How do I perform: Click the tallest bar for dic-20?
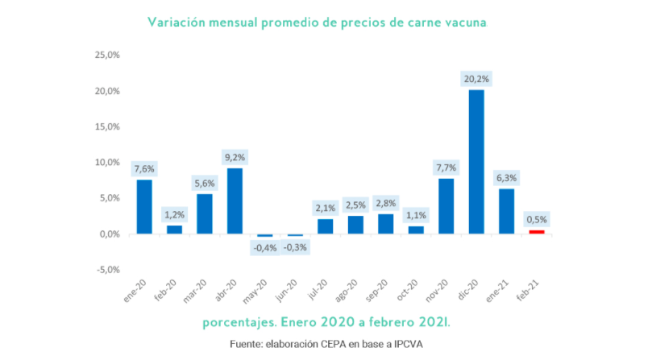tap(476, 161)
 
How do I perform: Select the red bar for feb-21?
tap(537, 232)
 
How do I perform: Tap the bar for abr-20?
tap(235, 201)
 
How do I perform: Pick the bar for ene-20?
tap(143, 206)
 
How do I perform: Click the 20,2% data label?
tap(476, 79)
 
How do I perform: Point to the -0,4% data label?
tap(264, 247)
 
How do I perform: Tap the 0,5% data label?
tap(537, 219)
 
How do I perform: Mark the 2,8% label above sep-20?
tap(386, 203)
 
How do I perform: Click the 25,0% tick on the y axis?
tap(107, 56)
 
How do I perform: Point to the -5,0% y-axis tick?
tap(107, 269)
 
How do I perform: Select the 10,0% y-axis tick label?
tap(107, 163)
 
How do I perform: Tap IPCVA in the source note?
tap(405, 344)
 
